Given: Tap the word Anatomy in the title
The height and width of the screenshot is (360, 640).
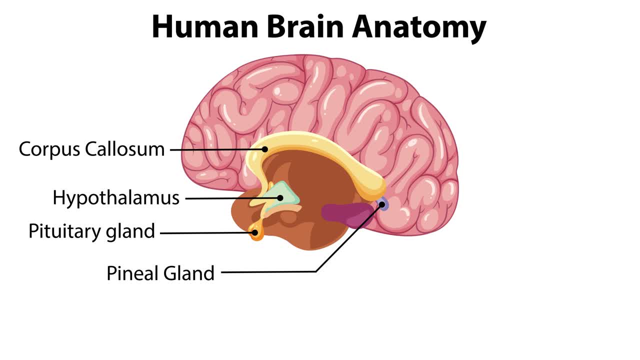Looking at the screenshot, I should click(x=419, y=27).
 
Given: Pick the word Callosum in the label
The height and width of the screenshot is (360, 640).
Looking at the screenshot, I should click(x=124, y=148).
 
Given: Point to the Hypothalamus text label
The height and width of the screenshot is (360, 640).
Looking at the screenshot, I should click(x=116, y=198).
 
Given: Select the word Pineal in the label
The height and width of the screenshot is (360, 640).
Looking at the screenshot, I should click(x=131, y=273).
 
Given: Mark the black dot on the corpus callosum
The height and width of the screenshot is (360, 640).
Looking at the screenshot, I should click(x=265, y=148).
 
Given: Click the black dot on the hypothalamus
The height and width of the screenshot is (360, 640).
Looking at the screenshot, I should click(x=280, y=198).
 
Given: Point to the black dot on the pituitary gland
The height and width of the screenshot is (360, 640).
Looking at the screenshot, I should click(x=255, y=232).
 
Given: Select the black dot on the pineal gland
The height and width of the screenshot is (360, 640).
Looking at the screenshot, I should click(x=381, y=204).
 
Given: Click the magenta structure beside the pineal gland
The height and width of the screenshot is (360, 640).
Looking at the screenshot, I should click(x=345, y=214).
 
